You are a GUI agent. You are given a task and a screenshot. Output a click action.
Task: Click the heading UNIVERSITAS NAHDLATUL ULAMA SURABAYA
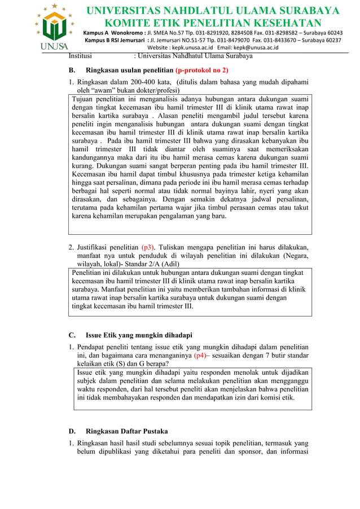click(x=212, y=11)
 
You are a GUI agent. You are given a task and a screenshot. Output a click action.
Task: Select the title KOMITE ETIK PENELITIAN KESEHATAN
click(x=212, y=23)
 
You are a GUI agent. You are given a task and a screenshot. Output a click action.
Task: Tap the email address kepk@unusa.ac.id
click(x=261, y=48)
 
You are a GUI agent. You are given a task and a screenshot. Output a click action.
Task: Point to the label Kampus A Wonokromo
click(x=113, y=33)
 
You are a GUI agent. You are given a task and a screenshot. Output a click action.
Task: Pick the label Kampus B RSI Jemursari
click(x=114, y=41)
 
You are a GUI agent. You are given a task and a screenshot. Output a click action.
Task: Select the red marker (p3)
click(x=148, y=247)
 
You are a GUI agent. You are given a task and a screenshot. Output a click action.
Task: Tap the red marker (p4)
click(x=201, y=356)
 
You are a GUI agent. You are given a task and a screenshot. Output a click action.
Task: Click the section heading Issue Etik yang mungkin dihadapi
click(x=139, y=335)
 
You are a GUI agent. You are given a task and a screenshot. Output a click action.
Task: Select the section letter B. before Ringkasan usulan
click(x=72, y=71)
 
